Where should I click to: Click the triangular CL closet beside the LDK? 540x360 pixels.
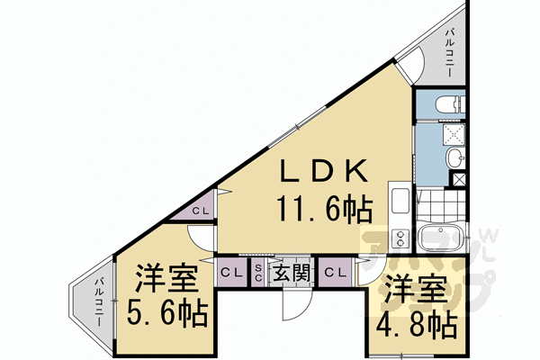pyautogui.click(x=202, y=211)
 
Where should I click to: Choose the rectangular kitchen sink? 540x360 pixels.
pyautogui.click(x=400, y=197)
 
